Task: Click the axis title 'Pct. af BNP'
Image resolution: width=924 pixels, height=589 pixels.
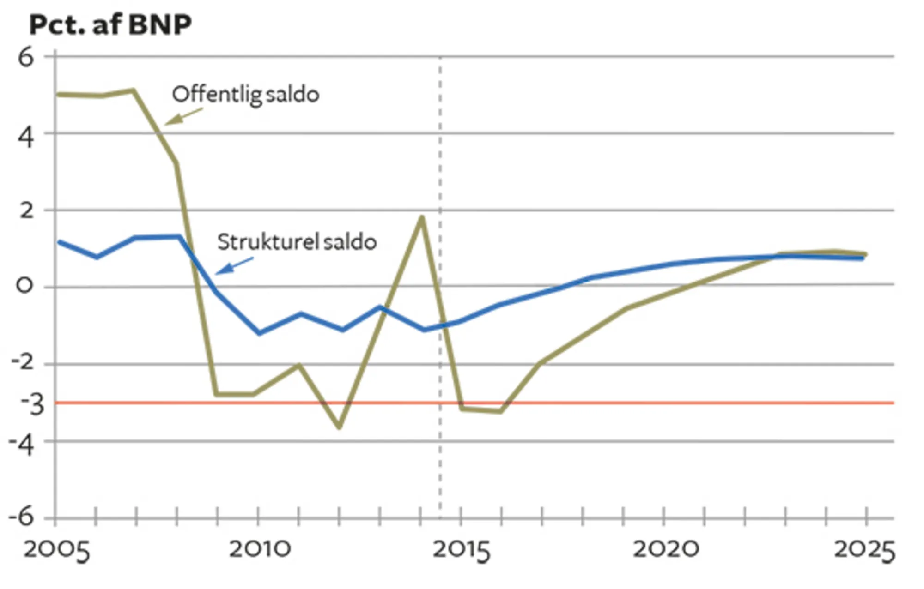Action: (110, 25)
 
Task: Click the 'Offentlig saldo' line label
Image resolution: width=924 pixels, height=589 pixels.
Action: (245, 95)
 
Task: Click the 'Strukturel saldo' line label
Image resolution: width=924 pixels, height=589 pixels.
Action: (297, 242)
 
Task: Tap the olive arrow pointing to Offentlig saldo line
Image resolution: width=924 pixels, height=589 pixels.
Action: (183, 117)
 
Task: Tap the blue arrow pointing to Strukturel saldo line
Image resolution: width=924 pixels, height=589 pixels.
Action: (234, 266)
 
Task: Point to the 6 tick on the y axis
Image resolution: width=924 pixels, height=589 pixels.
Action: (26, 58)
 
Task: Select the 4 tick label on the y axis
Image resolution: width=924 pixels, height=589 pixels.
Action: (26, 137)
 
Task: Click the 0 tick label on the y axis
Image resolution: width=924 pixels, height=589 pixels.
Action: (25, 286)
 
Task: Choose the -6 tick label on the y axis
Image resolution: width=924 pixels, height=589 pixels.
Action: (21, 517)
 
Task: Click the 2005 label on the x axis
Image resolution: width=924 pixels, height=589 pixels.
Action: (56, 550)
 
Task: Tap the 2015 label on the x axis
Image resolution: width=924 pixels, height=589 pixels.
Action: (461, 550)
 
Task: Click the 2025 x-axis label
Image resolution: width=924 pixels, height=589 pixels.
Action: (864, 550)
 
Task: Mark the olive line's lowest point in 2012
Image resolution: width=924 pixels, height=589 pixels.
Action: (340, 427)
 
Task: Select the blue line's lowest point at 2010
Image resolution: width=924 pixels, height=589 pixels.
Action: (259, 333)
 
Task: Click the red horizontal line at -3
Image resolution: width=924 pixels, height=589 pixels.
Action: (647, 403)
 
